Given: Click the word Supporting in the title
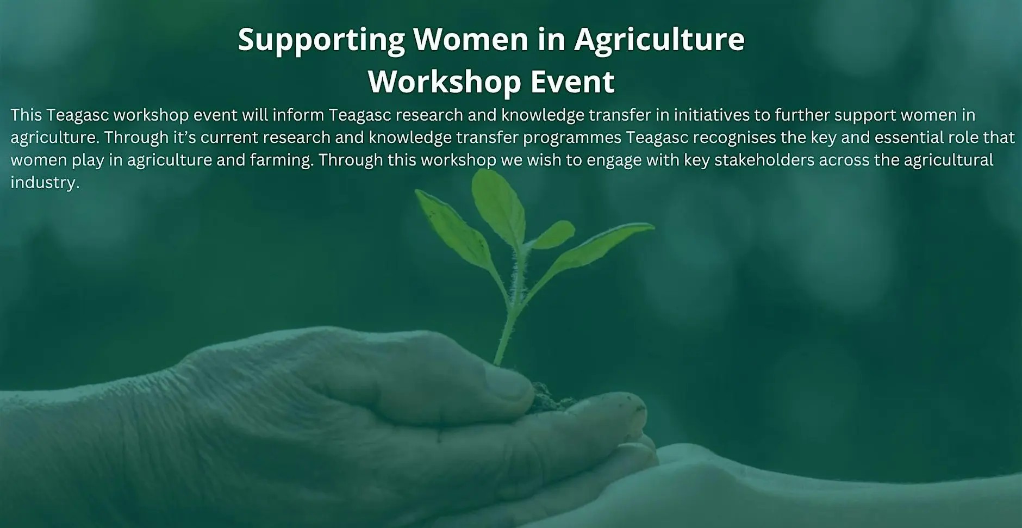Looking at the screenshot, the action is (321, 40).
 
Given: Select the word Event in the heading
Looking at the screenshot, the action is (572, 81).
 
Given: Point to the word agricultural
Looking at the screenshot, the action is (949, 160).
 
